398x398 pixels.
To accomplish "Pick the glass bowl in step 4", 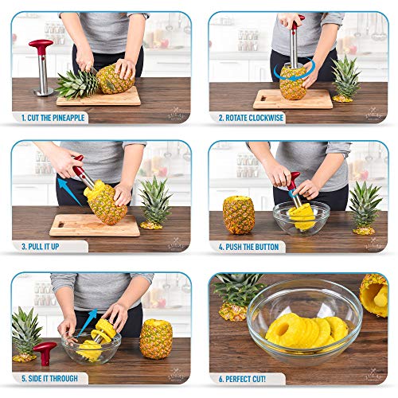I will (301, 217).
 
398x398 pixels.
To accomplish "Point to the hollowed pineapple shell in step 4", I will (239, 215).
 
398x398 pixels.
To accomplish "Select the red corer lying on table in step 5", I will (44, 351).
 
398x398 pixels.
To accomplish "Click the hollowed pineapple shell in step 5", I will (156, 338).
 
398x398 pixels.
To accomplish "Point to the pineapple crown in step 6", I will (239, 295).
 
